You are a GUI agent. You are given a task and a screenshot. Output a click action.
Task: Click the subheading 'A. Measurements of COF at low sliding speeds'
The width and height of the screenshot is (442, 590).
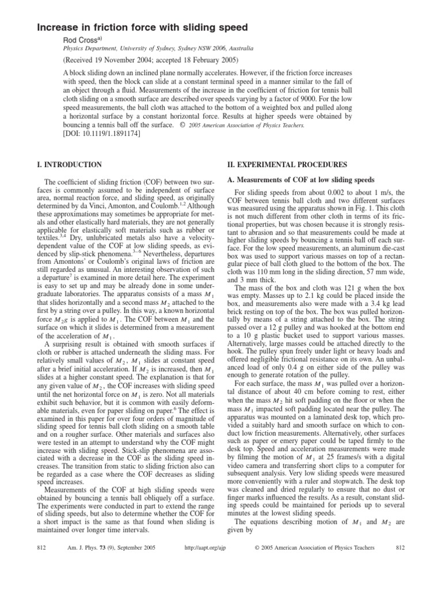tap(302, 180)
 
